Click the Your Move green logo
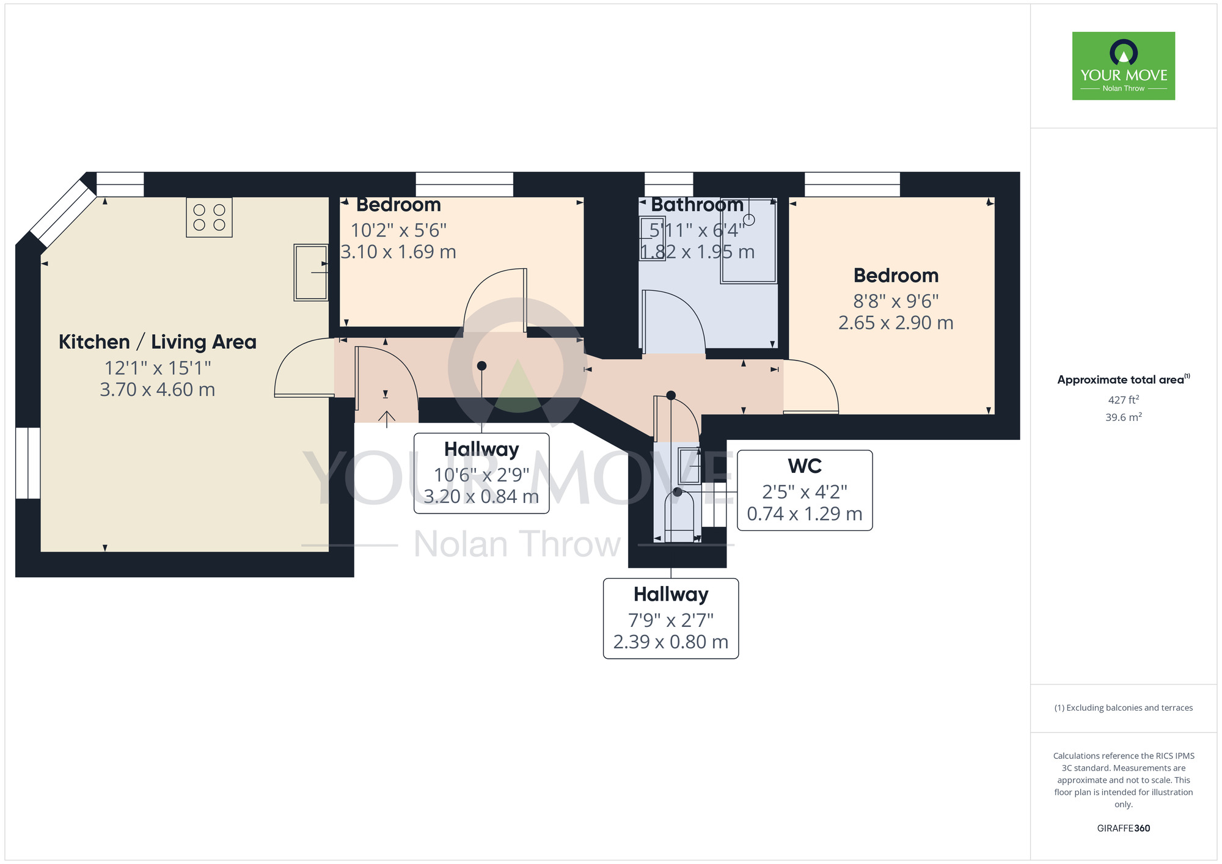1123,66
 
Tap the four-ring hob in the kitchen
209,218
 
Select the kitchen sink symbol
311,273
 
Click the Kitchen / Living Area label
157,342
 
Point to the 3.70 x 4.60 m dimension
157,390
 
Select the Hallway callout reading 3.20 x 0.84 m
481,474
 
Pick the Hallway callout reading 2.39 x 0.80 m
670,618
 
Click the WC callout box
804,491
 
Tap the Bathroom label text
697,205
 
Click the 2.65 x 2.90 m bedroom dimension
895,323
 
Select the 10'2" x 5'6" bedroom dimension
398,230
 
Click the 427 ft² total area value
1123,400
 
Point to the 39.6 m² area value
1123,417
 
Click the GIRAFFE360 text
1123,829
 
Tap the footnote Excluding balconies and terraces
1123,708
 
